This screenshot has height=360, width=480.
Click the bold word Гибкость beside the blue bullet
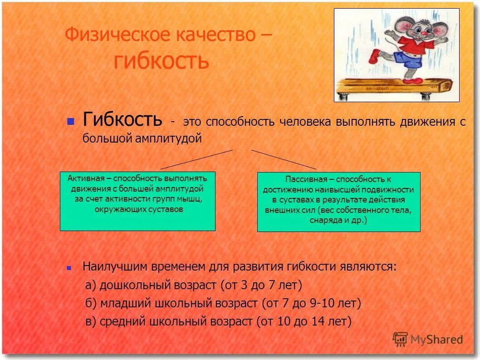point(122,119)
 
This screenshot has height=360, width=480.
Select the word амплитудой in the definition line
point(168,138)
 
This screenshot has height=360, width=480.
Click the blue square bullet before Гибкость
point(70,122)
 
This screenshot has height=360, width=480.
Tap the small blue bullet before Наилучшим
point(69,268)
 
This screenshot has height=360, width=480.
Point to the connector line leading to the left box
point(196,159)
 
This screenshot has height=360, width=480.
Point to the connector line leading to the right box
point(284,159)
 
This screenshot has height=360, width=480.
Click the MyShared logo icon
point(400,339)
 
